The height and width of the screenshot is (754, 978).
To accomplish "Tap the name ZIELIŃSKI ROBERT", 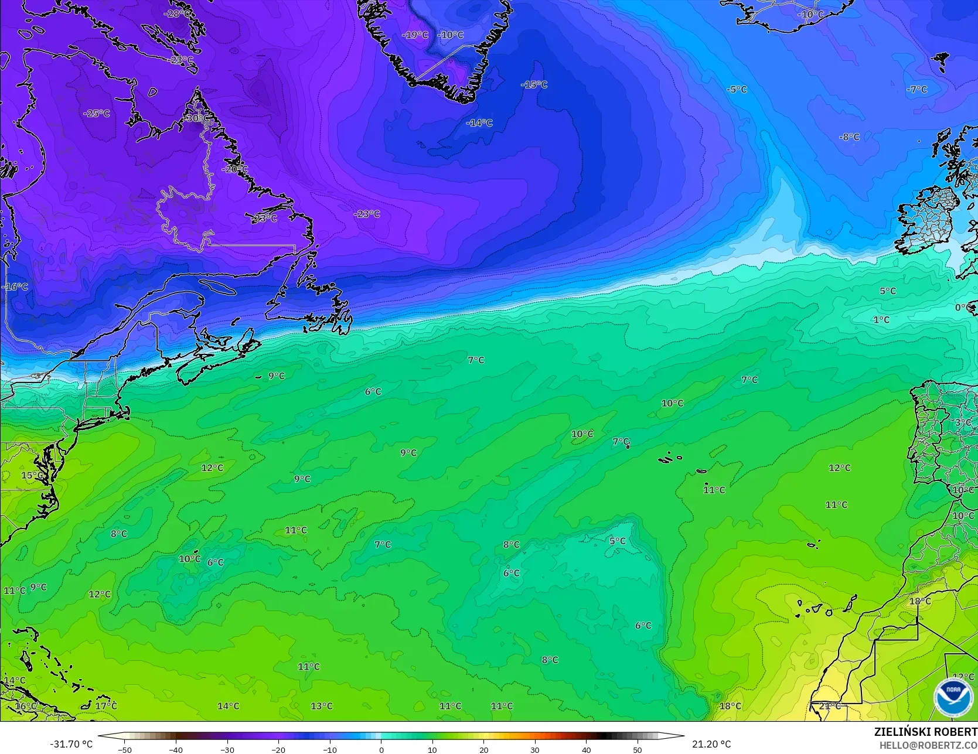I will click(x=925, y=732).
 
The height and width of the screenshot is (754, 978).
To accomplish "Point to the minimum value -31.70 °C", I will click(x=71, y=744).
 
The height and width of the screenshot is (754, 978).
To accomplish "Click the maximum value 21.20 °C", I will click(x=711, y=744).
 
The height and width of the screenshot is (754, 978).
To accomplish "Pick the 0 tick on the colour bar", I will click(x=381, y=749).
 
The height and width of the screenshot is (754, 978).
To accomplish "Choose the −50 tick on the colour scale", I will click(x=124, y=749).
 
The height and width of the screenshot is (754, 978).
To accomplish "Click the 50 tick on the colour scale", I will click(x=638, y=749).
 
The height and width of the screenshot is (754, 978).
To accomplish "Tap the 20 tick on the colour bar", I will click(x=483, y=749).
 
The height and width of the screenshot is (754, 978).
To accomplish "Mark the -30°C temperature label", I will click(x=195, y=118).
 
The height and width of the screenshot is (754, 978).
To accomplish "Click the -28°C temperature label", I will click(x=177, y=13).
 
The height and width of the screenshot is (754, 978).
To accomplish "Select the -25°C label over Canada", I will click(x=97, y=113).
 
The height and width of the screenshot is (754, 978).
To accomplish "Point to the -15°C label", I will click(x=534, y=84).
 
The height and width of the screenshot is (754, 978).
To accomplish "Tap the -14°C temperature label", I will click(x=479, y=122).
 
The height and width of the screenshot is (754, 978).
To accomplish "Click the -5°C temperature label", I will click(x=737, y=89).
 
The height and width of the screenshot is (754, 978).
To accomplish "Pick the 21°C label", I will click(x=829, y=706).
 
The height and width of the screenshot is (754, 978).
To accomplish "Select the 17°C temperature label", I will click(x=106, y=705).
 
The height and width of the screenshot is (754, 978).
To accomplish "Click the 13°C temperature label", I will click(x=322, y=706).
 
